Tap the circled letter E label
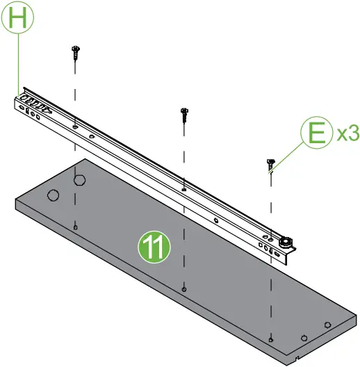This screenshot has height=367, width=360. [x=317, y=133]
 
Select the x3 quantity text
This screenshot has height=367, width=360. [x=347, y=133]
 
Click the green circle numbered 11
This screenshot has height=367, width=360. [x=153, y=247]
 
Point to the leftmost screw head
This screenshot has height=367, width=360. [x=75, y=49]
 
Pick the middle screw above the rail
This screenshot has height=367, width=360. [x=184, y=113]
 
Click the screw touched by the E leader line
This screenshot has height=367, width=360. [x=270, y=164]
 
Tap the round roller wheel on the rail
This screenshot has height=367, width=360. [x=285, y=243]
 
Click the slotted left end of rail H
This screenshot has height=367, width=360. [x=31, y=106]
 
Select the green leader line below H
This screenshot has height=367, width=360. [x=17, y=63]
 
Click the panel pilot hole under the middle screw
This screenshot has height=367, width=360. [x=183, y=288]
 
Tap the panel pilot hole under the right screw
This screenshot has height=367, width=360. [x=270, y=339]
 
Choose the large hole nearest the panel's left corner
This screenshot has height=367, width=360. [x=52, y=195]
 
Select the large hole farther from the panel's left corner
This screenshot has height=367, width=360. [x=80, y=181]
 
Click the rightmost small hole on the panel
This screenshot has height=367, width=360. [x=327, y=323]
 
